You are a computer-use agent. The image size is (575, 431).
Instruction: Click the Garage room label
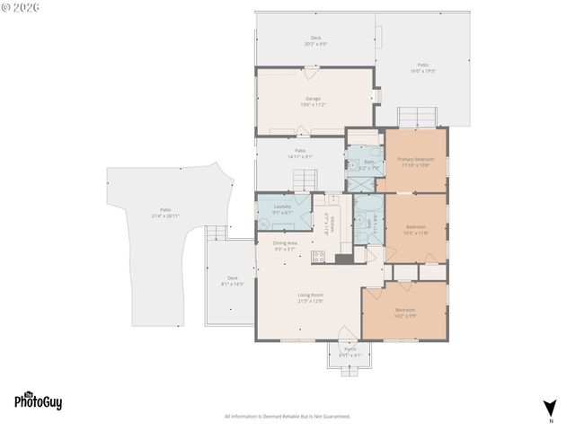313,99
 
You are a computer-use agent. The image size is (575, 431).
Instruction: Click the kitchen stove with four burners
317,257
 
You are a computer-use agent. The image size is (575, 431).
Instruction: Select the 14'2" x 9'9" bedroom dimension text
405,315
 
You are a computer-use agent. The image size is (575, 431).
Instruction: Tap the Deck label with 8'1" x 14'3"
233,284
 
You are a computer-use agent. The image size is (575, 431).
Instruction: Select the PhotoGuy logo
38,401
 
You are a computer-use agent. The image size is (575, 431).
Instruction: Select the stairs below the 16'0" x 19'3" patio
419,117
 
